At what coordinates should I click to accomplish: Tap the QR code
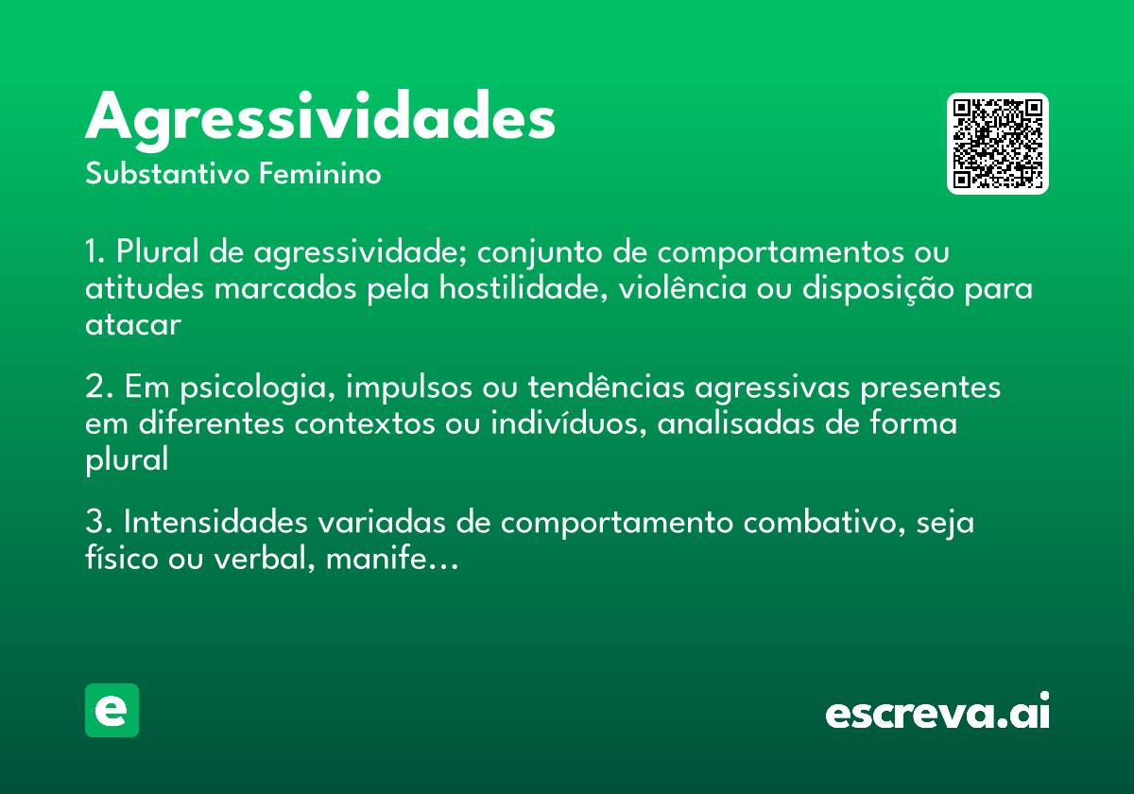[x=998, y=144]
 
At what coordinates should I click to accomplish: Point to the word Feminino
[x=320, y=175]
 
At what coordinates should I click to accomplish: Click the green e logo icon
[x=112, y=710]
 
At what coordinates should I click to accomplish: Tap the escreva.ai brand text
[x=937, y=714]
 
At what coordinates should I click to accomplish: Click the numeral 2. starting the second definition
[x=98, y=388]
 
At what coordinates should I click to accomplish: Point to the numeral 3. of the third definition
[x=98, y=523]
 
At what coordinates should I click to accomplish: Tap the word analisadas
[x=731, y=423]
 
